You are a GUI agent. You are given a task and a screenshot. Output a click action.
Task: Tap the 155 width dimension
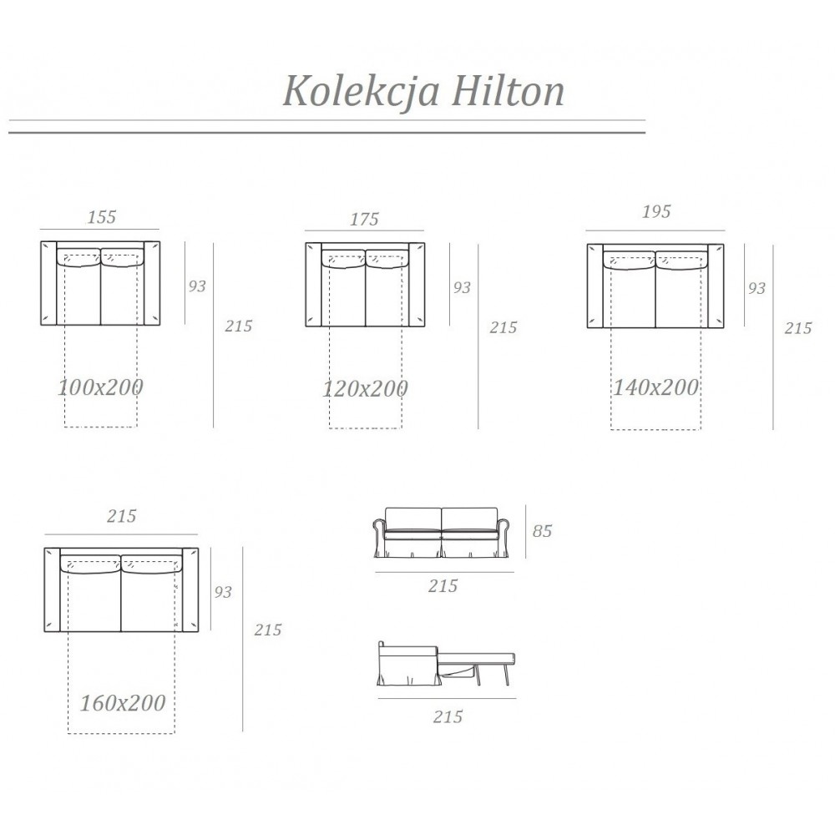(x=102, y=216)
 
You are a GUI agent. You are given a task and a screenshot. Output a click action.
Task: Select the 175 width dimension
(x=365, y=219)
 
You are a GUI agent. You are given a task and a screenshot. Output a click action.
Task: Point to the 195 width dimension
(x=656, y=211)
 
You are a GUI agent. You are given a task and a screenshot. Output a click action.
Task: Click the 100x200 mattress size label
(x=101, y=387)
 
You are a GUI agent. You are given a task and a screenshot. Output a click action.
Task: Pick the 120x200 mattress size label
(x=366, y=388)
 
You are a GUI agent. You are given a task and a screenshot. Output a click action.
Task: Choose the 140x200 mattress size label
(x=656, y=387)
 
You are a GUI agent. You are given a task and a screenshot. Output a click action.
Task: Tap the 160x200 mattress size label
(x=123, y=702)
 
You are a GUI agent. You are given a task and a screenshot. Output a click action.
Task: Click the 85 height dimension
(x=542, y=531)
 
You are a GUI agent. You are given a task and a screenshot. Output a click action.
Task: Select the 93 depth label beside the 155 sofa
(x=196, y=286)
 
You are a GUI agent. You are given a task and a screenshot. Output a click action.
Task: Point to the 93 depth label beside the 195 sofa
(x=757, y=287)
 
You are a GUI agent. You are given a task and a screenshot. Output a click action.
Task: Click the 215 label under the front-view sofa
(x=443, y=586)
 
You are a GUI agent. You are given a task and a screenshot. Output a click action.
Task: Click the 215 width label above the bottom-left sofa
(x=122, y=516)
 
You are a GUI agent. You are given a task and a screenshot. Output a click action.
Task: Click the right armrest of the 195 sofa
(x=716, y=286)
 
